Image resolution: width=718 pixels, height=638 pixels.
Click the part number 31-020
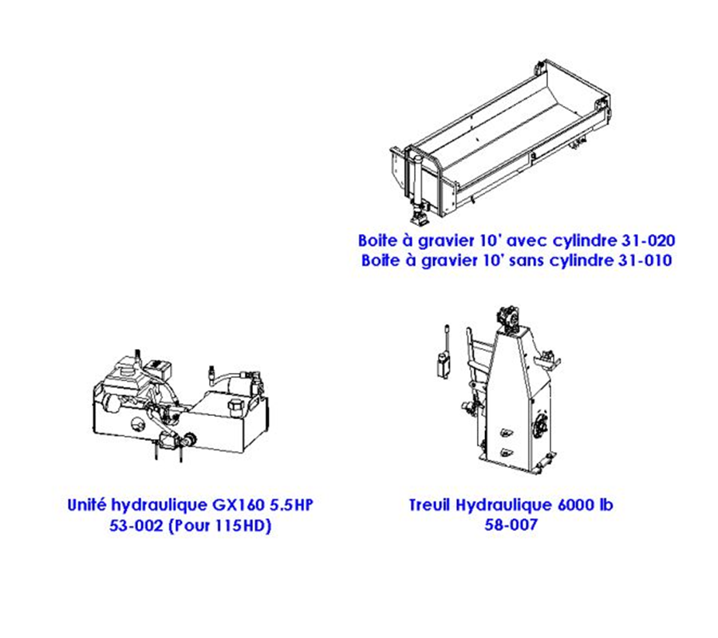[648, 240]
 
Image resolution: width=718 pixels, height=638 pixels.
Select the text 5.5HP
[291, 505]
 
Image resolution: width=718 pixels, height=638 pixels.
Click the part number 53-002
[136, 525]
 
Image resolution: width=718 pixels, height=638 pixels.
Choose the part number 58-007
[511, 525]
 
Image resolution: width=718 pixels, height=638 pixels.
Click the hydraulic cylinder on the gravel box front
[417, 179]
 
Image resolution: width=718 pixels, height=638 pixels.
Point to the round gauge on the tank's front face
[137, 425]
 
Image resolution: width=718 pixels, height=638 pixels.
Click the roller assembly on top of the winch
[508, 319]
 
